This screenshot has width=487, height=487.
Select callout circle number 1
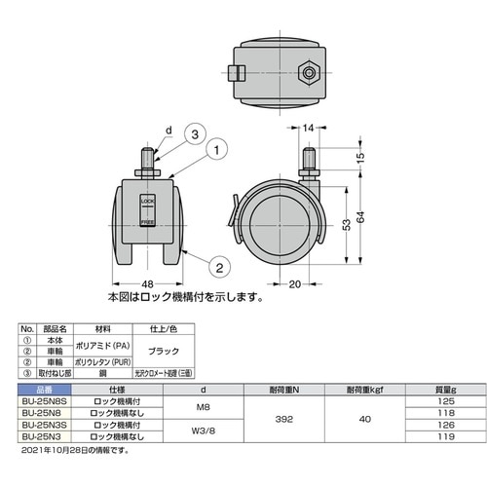point(217,151)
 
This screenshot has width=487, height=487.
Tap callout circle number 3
point(195,133)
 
